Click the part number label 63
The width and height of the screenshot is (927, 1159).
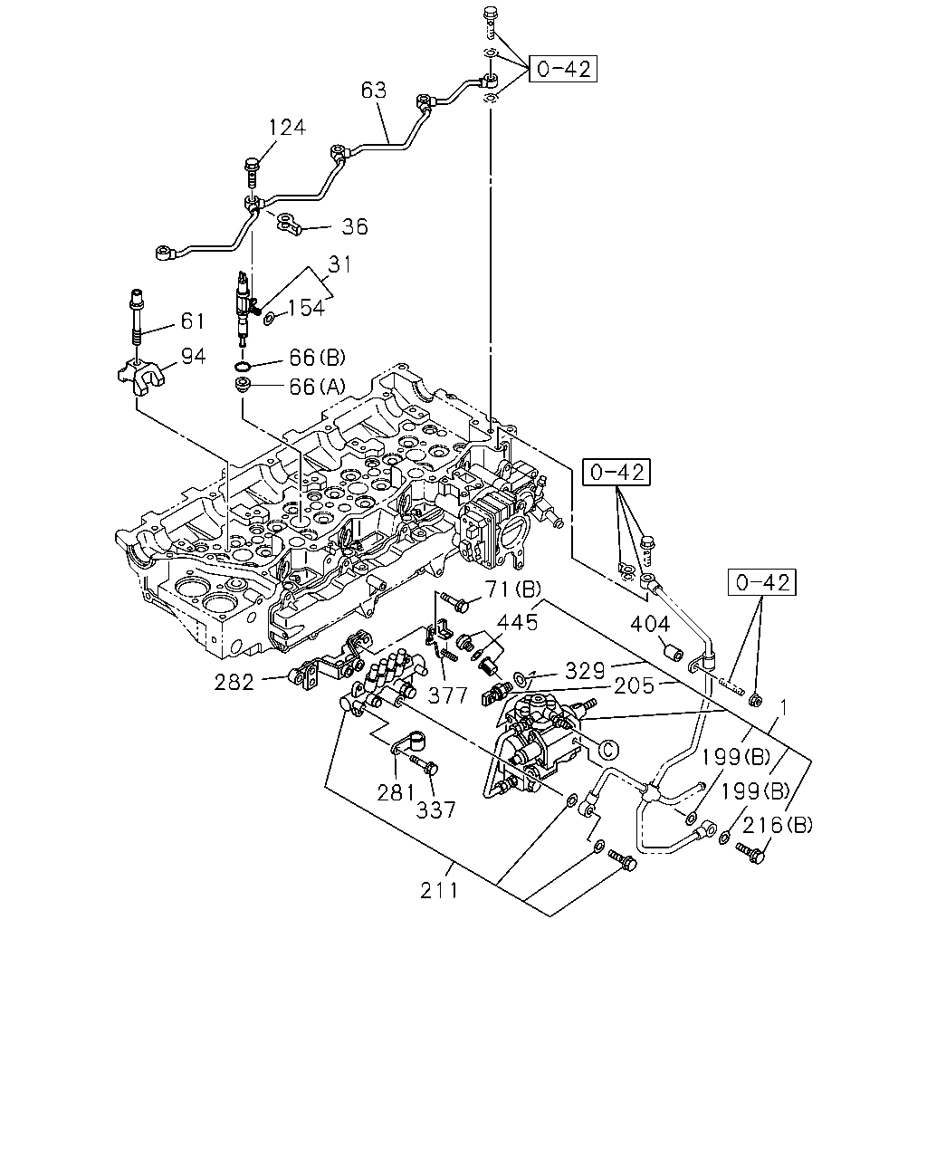(374, 91)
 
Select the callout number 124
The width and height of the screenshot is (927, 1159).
(287, 128)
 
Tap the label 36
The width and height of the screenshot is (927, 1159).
(355, 226)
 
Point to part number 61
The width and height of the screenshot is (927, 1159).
(192, 321)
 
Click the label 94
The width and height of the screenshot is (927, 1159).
(193, 357)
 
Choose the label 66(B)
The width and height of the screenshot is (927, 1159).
(317, 358)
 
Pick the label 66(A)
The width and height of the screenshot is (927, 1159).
(317, 387)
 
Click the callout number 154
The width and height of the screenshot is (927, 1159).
(306, 308)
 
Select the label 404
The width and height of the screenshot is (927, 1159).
(650, 624)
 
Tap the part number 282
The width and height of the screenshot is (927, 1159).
(234, 683)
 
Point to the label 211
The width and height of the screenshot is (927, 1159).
(439, 891)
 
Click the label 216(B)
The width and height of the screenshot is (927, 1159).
(778, 825)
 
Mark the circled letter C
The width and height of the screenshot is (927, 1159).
(608, 749)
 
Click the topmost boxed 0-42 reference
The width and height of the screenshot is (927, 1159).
(563, 69)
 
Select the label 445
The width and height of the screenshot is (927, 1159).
(517, 622)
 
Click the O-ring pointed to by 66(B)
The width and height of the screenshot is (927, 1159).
(244, 368)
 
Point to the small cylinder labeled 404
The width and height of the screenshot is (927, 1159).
(675, 653)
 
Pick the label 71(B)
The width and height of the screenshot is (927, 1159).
(513, 589)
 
